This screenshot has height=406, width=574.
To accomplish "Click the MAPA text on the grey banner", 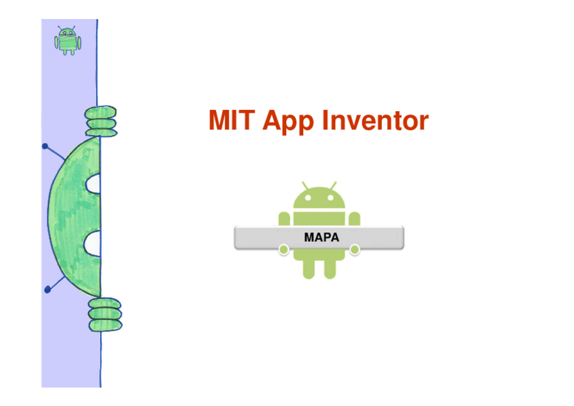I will (321, 237).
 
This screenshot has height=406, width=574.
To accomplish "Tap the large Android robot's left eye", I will (308, 199).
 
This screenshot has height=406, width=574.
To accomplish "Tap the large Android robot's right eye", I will (330, 199).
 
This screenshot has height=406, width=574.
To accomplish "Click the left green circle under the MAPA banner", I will (284, 251).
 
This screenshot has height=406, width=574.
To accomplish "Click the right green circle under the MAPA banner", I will (355, 251).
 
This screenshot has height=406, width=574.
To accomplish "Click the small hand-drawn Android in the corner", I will (67, 41).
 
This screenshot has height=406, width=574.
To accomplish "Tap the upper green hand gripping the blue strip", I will (100, 120).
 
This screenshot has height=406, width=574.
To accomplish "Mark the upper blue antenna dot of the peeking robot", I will (45, 146).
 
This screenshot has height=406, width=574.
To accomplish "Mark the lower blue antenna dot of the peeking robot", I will (47, 289).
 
